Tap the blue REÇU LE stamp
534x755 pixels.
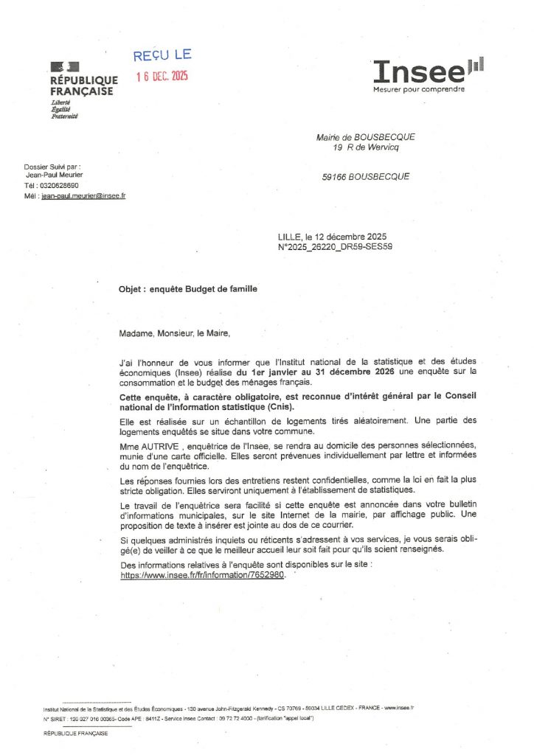click(x=162, y=55)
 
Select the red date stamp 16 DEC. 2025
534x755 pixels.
click(x=162, y=77)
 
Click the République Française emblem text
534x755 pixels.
click(x=83, y=86)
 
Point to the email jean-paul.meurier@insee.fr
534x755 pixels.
click(x=83, y=196)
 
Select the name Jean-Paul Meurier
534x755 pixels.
click(x=55, y=175)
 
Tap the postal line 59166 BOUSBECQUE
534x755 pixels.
click(x=366, y=177)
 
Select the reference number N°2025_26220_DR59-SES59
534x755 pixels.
click(x=335, y=247)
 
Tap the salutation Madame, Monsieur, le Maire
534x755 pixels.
click(x=175, y=333)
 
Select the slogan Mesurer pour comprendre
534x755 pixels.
click(x=419, y=90)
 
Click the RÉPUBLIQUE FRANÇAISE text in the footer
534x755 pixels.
click(x=76, y=734)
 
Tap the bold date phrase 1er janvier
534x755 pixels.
click(x=273, y=372)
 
